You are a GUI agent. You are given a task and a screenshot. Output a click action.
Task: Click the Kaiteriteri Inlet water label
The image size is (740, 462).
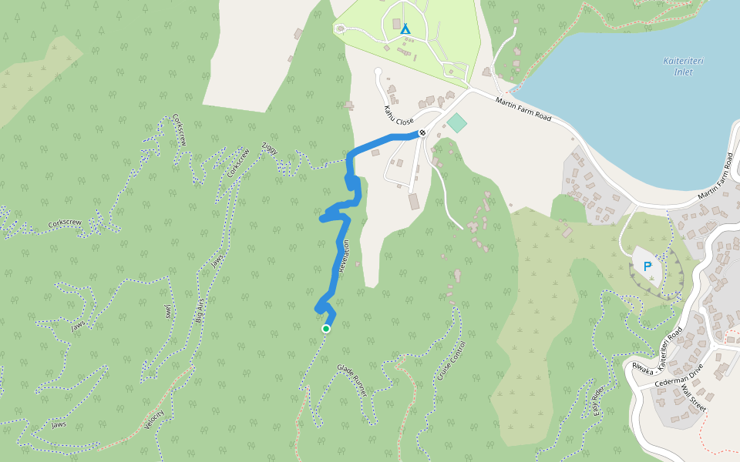678,66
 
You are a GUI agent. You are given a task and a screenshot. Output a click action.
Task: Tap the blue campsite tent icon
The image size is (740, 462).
405,28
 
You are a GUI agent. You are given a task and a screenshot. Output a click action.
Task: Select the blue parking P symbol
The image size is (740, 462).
647,266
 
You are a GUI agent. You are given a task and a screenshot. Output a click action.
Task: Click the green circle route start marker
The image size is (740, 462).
325,329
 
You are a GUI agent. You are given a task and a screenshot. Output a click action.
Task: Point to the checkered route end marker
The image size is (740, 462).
422,132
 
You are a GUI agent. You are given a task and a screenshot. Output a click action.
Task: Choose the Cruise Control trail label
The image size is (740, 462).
447,361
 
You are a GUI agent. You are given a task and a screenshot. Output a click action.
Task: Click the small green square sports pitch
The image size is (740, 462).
457,122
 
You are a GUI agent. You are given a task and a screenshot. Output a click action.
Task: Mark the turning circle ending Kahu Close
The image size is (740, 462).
378,72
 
